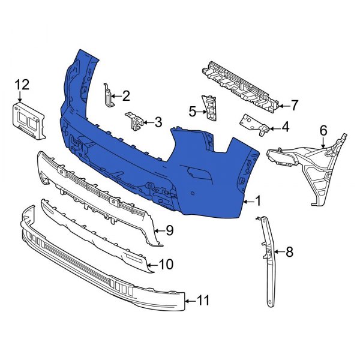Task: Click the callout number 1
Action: pyautogui.click(x=259, y=202)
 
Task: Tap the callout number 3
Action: pyautogui.click(x=158, y=122)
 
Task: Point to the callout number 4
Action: pyautogui.click(x=285, y=127)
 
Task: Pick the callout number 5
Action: pyautogui.click(x=193, y=110)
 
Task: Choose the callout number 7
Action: pyautogui.click(x=294, y=106)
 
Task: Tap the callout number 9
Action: pyautogui.click(x=169, y=229)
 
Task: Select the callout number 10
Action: pyautogui.click(x=166, y=263)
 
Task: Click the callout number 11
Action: pyautogui.click(x=204, y=301)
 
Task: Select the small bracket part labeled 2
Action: pyautogui.click(x=107, y=95)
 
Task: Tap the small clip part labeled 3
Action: pyautogui.click(x=134, y=121)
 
